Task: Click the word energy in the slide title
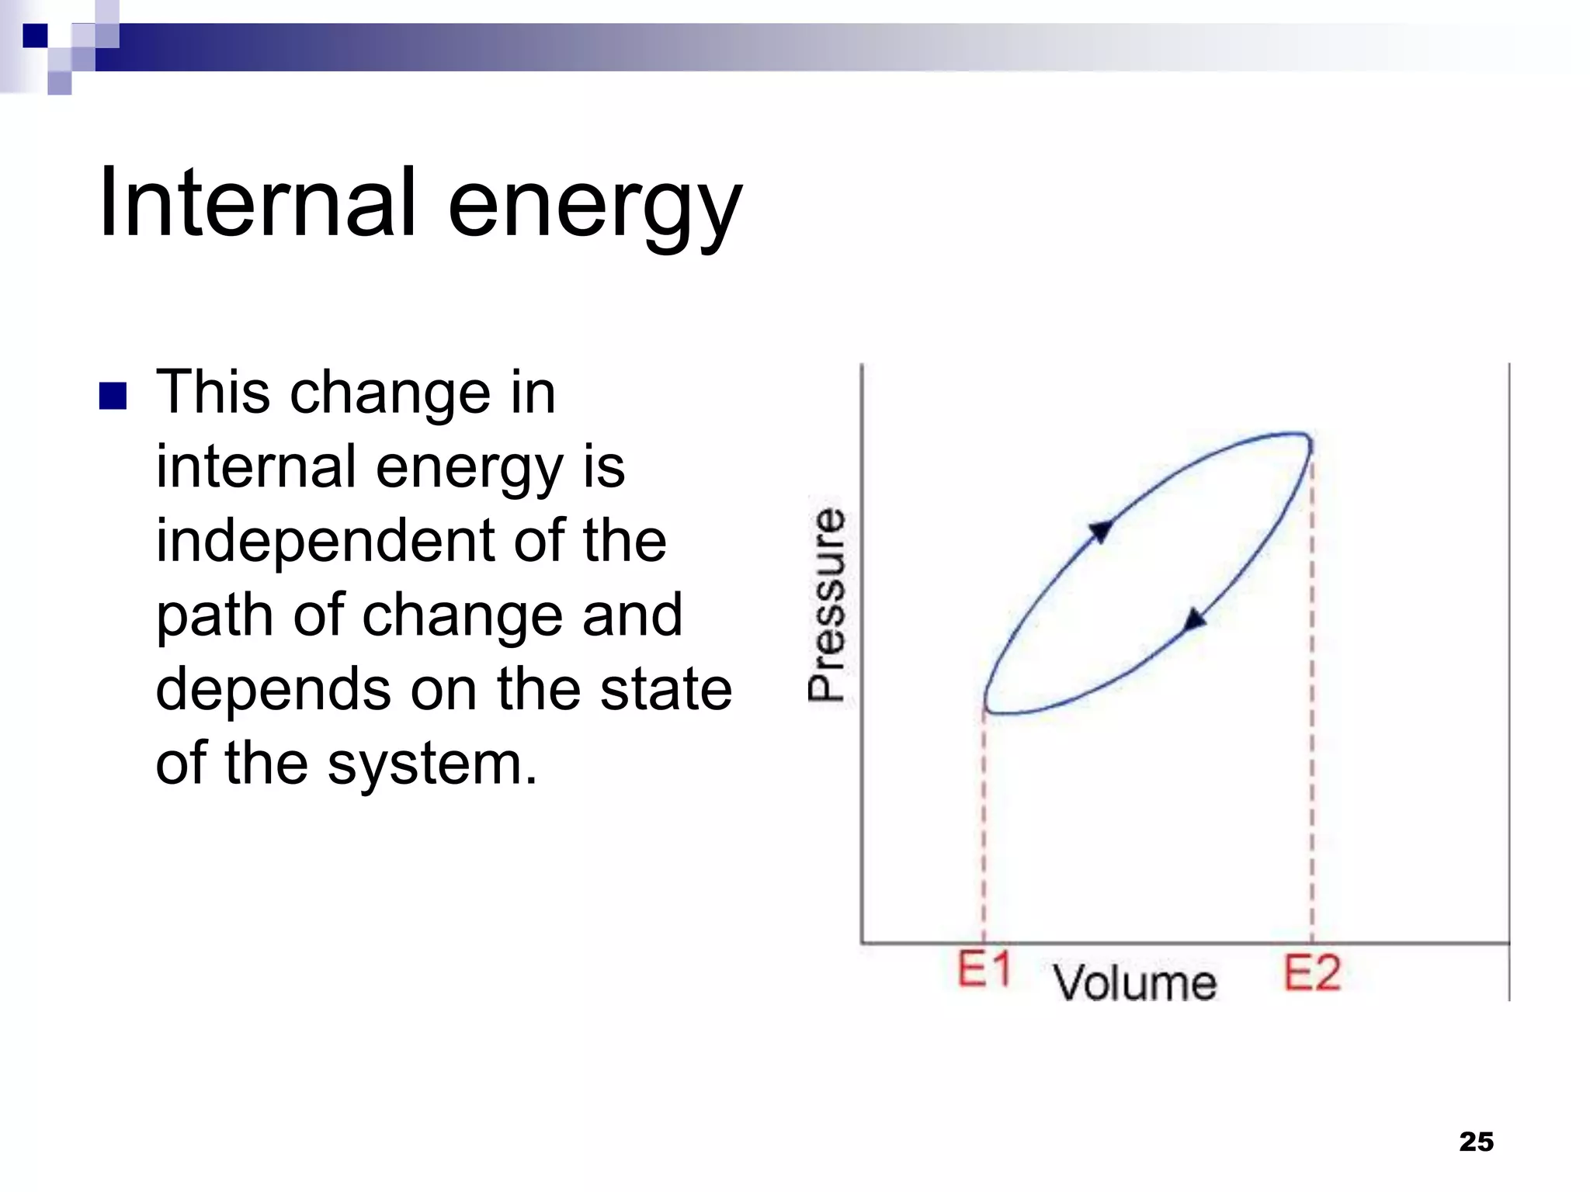click(595, 208)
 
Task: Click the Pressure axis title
click(826, 606)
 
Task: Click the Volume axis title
click(1134, 982)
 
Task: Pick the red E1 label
click(984, 970)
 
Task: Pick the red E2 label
click(1311, 973)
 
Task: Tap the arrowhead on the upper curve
click(1101, 531)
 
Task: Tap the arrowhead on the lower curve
click(1194, 620)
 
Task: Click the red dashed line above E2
click(1311, 698)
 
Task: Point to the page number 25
click(1476, 1142)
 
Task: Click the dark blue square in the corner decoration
click(34, 36)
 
